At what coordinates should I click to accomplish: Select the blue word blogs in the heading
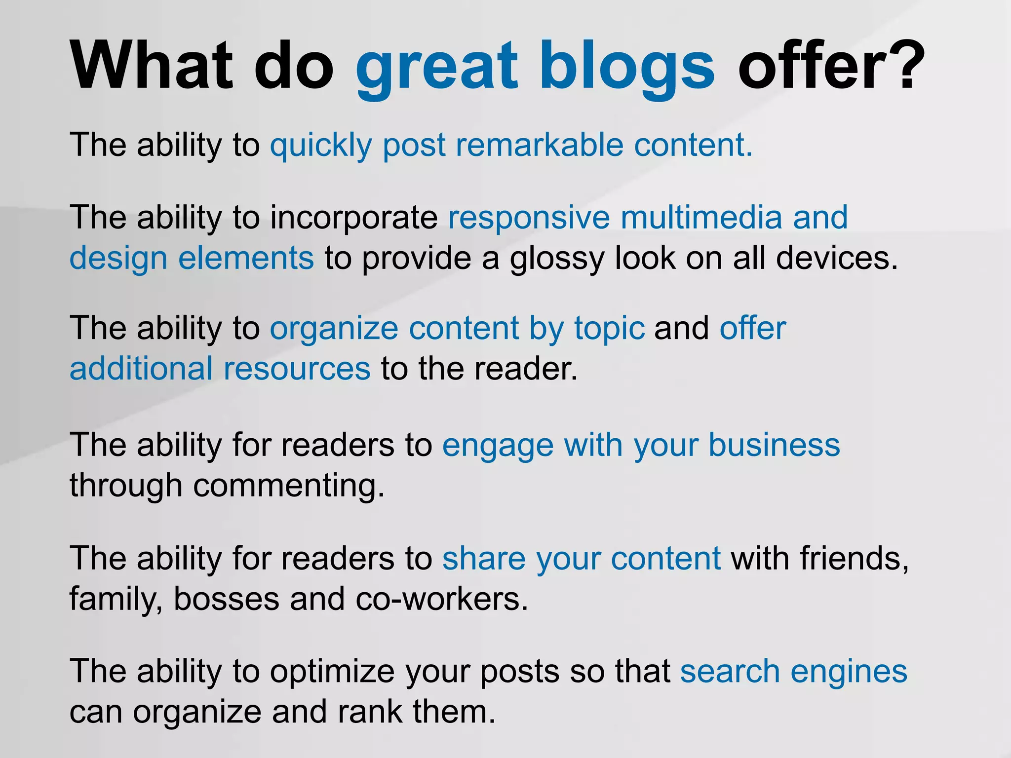click(626, 69)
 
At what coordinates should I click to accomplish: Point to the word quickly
click(321, 146)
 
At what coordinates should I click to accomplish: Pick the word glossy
click(557, 260)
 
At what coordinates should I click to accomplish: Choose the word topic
click(609, 330)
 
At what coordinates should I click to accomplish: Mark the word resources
click(297, 369)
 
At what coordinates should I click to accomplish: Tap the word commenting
click(289, 487)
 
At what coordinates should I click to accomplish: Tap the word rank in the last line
click(370, 713)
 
